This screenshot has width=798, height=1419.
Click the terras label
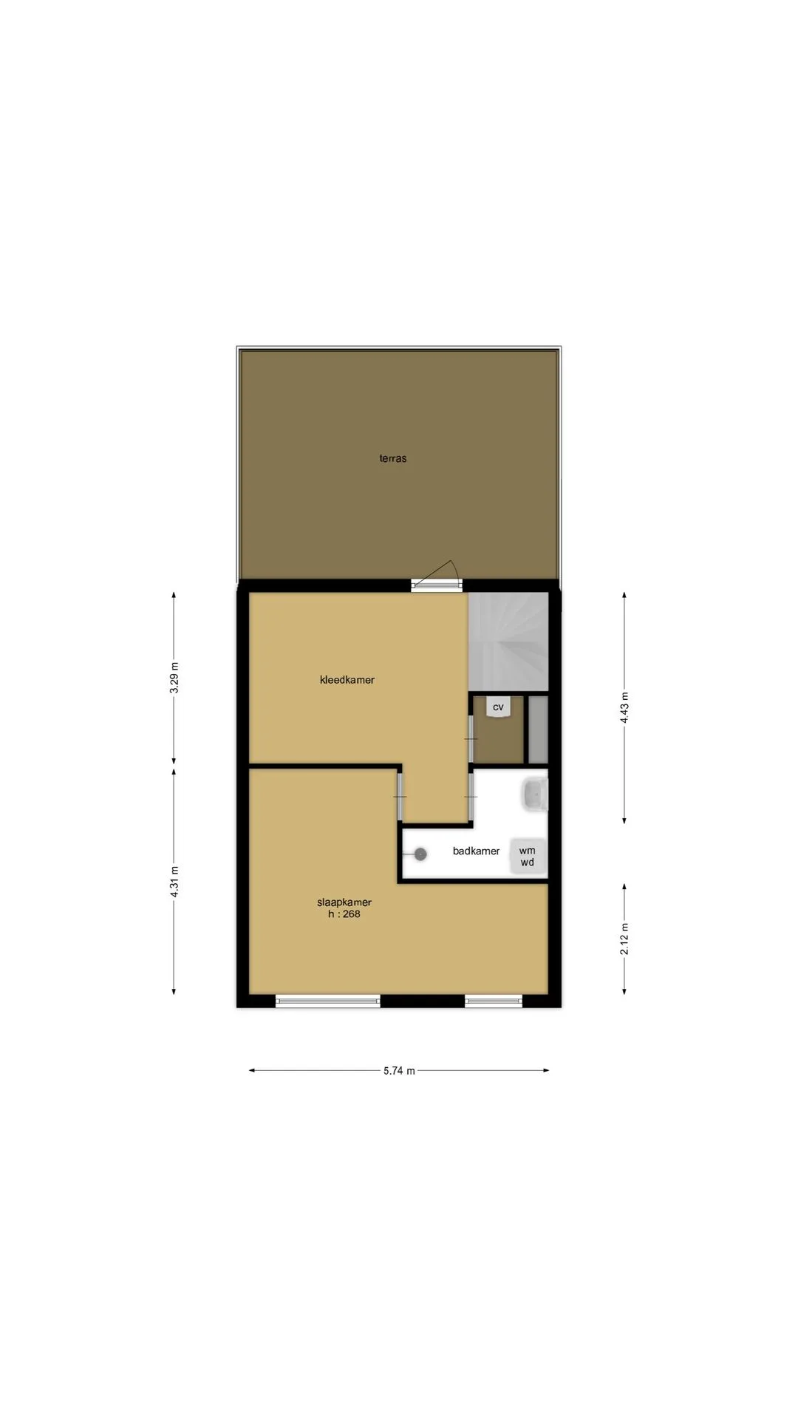(x=393, y=458)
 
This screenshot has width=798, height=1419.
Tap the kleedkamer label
(x=347, y=680)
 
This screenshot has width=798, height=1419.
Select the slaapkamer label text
(x=344, y=902)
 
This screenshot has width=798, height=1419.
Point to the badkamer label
(x=477, y=851)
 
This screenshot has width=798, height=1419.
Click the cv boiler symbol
(x=499, y=707)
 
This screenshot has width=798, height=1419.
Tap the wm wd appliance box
(x=528, y=857)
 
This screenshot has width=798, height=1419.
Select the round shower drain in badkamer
(x=420, y=854)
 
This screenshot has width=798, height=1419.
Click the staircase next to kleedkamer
(x=509, y=642)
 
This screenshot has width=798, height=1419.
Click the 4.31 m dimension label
(x=174, y=882)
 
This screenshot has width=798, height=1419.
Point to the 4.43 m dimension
(x=625, y=708)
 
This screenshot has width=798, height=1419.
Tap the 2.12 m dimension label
(x=625, y=939)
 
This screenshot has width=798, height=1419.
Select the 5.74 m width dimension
(x=399, y=1071)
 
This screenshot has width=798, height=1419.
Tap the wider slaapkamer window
(x=328, y=1001)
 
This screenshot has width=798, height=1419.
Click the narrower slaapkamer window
(x=494, y=1001)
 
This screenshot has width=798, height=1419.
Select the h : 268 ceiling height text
(x=344, y=914)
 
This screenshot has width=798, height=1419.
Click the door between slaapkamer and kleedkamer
(x=400, y=796)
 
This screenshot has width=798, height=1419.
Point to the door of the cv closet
(x=471, y=739)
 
